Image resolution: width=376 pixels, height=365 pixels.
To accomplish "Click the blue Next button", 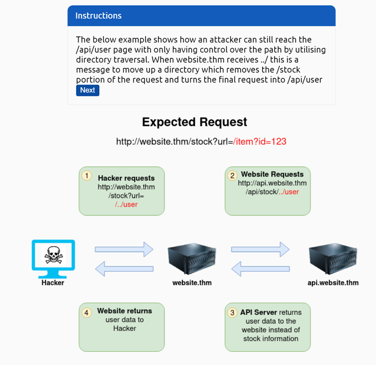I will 88,90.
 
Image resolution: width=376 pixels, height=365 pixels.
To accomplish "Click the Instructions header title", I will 98,16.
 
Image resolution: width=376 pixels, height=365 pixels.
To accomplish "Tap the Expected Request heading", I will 194,122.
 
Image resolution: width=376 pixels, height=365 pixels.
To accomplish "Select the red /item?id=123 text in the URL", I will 260,142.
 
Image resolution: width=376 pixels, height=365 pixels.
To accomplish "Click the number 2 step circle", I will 232,175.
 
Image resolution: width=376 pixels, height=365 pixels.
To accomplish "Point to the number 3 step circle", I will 232,313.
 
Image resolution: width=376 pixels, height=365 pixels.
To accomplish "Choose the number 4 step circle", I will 87,313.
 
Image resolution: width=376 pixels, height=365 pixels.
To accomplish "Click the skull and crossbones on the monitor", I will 53,255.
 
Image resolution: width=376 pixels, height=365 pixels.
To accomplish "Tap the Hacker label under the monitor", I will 53,283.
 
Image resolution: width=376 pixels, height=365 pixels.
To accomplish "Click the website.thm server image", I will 192,259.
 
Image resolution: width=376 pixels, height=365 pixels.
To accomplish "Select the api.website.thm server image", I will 333,259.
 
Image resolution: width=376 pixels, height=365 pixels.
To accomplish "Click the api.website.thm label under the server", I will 333,283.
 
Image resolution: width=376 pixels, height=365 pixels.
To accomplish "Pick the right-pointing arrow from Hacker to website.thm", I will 124,249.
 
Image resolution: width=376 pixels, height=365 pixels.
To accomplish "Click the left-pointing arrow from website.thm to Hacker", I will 124,269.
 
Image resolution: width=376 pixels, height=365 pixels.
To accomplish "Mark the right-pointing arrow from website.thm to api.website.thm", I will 260,249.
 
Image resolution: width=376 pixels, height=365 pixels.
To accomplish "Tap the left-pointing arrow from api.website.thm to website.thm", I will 260,269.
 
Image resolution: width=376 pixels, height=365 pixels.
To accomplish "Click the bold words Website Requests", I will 272,174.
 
